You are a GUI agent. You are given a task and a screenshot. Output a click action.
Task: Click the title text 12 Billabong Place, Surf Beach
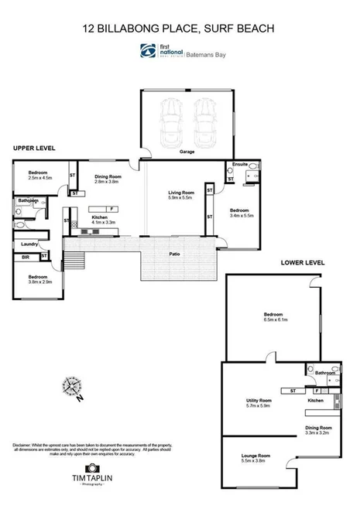tap(180, 29)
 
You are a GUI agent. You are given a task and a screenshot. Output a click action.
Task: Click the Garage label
tap(187, 152)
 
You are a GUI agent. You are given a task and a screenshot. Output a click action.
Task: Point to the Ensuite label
tap(240, 164)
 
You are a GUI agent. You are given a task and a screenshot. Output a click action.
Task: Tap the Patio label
tap(176, 253)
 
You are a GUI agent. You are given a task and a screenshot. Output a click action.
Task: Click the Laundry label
tap(30, 244)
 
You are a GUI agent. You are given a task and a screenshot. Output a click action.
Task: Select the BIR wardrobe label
tap(26, 256)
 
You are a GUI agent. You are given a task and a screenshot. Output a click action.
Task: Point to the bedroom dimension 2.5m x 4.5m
tap(39, 177)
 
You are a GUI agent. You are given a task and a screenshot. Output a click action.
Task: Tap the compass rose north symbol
tap(72, 385)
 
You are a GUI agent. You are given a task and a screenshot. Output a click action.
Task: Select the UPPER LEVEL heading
tap(33, 147)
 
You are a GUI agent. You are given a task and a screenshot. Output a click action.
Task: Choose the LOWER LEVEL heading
tap(302, 263)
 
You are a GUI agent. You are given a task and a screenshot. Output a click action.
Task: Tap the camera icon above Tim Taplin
tap(92, 469)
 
